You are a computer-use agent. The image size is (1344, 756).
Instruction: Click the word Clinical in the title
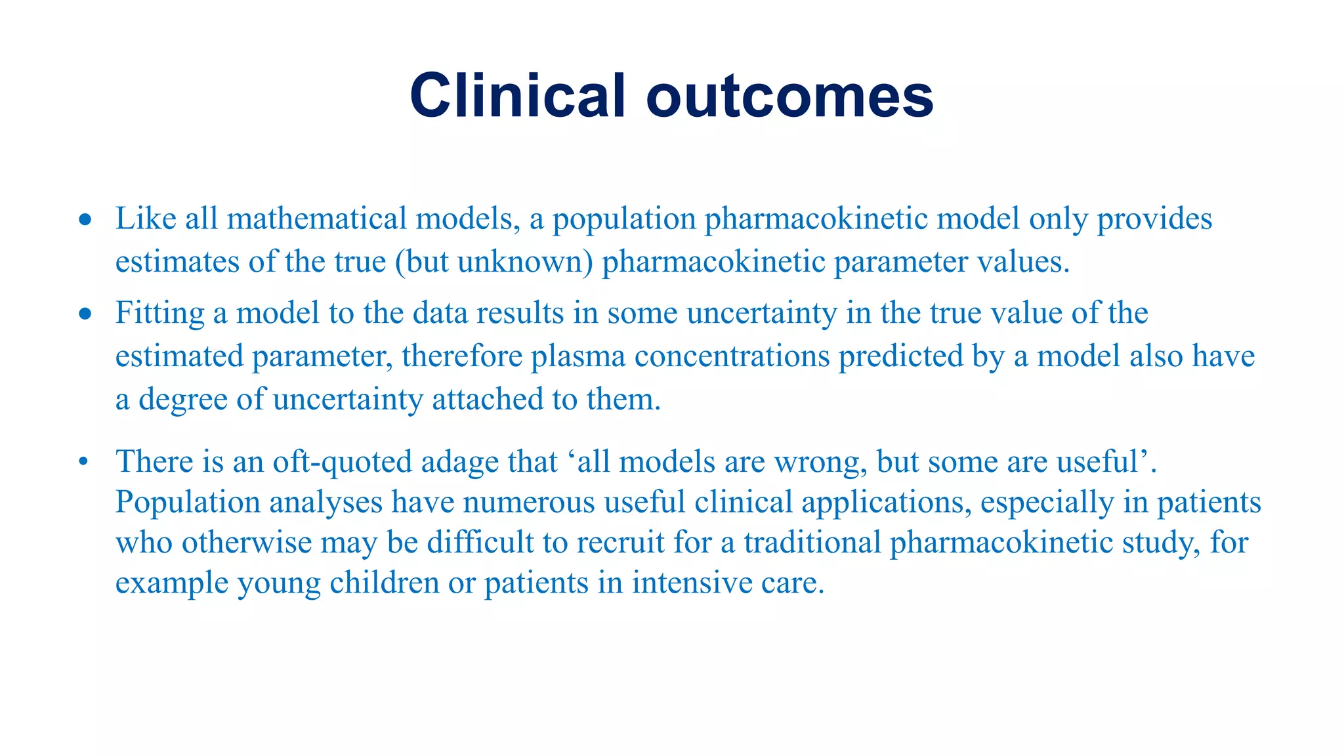tap(518, 96)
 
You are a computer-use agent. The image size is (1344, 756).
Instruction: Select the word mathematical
tap(317, 219)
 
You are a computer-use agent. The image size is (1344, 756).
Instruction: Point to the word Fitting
tap(159, 314)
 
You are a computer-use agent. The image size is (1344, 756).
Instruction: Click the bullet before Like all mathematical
tap(85, 220)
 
